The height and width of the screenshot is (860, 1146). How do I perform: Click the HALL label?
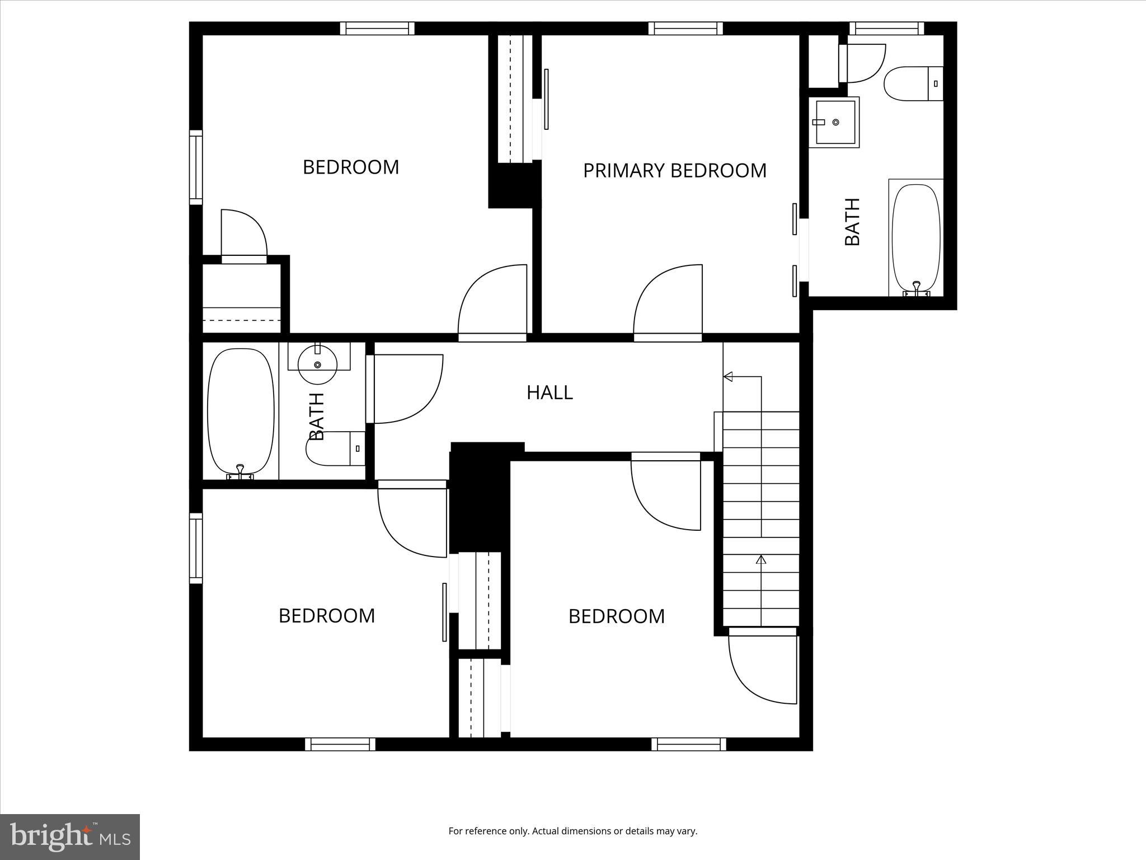click(x=549, y=392)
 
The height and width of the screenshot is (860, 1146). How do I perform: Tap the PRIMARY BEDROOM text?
click(x=674, y=170)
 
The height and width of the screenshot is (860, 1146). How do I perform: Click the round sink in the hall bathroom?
click(x=317, y=364)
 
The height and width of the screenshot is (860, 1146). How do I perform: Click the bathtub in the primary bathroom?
click(x=915, y=238)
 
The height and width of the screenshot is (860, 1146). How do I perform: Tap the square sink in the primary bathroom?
click(x=835, y=122)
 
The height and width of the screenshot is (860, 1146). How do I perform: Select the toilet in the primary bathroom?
click(x=912, y=83)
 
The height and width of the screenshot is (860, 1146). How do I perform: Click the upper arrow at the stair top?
click(x=728, y=377)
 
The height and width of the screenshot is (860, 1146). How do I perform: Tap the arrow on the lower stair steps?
click(x=761, y=559)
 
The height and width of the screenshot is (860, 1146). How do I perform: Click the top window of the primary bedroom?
click(x=685, y=29)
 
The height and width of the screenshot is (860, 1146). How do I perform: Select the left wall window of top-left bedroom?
click(x=195, y=167)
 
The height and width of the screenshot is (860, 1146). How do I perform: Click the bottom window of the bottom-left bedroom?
click(x=340, y=744)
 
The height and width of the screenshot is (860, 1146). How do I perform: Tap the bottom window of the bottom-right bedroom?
click(x=689, y=744)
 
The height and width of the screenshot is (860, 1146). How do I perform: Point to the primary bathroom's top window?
click(x=886, y=29)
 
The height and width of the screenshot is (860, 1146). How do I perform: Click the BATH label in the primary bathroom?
click(x=852, y=222)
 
